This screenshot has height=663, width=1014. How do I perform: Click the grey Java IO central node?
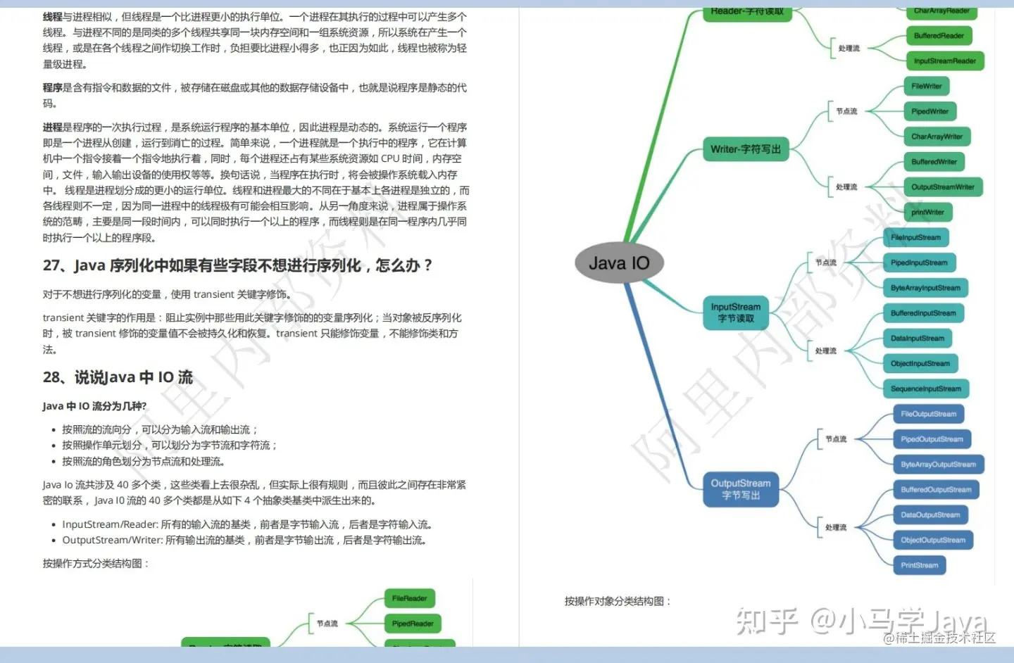click(619, 263)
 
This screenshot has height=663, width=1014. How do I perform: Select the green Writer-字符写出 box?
click(746, 149)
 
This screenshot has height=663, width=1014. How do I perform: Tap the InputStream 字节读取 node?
click(736, 312)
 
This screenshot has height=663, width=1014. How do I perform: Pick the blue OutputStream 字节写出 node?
click(741, 489)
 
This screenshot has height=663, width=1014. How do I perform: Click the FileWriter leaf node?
click(927, 87)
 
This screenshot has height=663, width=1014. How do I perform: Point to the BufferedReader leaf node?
click(939, 36)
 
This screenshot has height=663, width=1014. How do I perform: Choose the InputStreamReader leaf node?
click(944, 61)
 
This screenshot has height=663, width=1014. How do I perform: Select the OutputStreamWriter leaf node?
click(943, 187)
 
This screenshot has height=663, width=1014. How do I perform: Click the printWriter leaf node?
click(927, 213)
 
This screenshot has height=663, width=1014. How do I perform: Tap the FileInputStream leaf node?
click(915, 238)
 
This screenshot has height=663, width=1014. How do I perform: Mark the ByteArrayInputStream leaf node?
click(925, 288)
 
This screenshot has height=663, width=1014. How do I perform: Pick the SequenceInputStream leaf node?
click(925, 389)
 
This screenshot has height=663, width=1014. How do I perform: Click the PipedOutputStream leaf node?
click(932, 439)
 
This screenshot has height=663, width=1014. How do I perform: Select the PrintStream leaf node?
click(919, 565)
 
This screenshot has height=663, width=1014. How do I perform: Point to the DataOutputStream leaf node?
click(930, 515)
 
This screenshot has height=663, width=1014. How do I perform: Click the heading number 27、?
click(55, 265)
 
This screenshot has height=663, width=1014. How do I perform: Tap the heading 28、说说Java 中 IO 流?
click(118, 377)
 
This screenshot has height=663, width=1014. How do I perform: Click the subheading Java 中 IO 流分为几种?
click(94, 406)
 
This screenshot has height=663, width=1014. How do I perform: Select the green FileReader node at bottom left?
click(409, 598)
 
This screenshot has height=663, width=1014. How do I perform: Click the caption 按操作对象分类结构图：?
click(618, 601)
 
